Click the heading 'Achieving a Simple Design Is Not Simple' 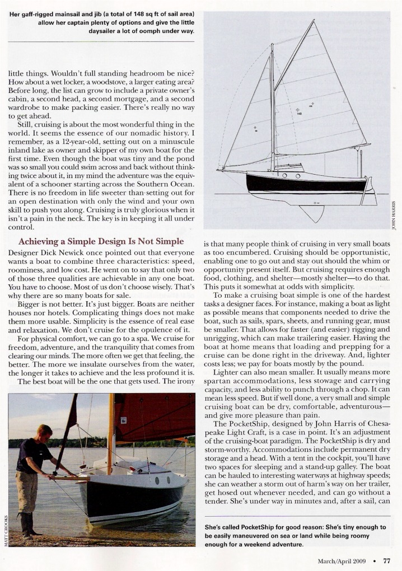tap(101, 241)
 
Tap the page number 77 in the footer tap(386, 560)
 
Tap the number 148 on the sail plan tap(299, 113)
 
